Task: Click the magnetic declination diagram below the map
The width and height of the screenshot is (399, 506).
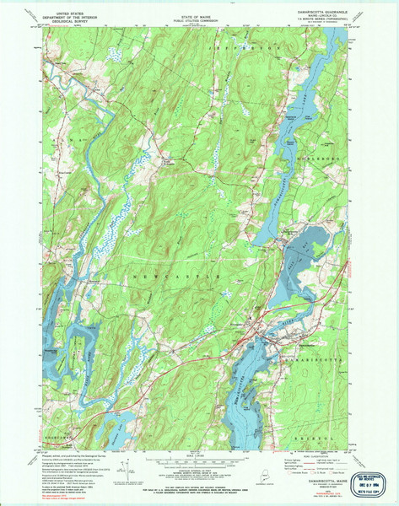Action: tap(123, 464)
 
